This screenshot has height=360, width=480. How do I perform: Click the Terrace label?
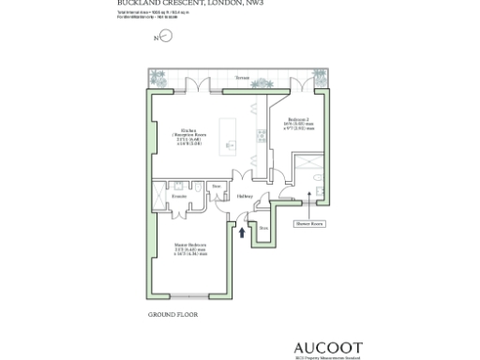[243, 78]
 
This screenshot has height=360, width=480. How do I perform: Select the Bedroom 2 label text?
[297, 121]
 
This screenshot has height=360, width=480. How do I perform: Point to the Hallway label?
[245, 197]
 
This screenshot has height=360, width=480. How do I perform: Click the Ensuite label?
[179, 196]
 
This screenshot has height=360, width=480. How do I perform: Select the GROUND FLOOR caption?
[172, 314]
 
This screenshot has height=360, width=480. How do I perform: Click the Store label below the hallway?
[263, 228]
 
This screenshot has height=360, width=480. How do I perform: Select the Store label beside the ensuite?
[216, 187]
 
